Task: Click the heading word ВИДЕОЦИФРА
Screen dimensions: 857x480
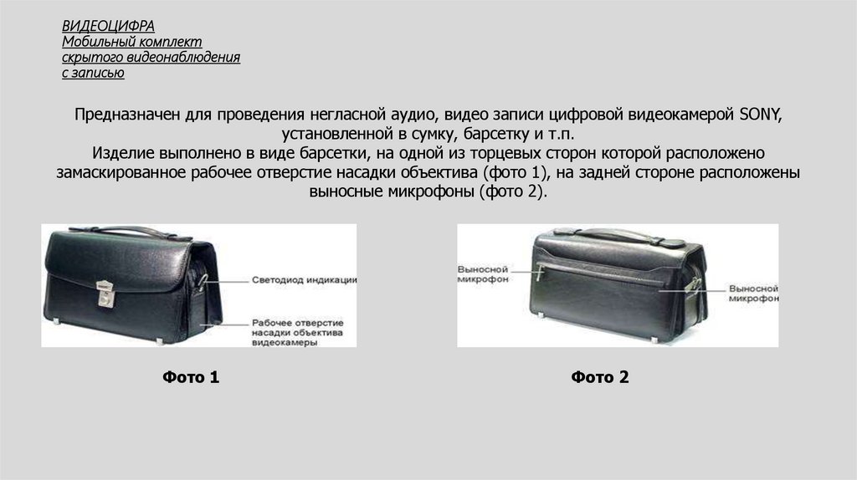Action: click(108, 26)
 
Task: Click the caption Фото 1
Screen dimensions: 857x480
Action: click(191, 377)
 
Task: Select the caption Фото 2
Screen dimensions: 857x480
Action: click(599, 377)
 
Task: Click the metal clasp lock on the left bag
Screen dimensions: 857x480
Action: click(105, 294)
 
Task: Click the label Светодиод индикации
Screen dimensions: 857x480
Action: click(304, 280)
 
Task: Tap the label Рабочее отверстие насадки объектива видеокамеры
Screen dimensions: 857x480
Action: click(297, 333)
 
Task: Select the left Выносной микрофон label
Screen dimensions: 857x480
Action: click(483, 274)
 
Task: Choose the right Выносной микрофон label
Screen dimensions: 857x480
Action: click(753, 294)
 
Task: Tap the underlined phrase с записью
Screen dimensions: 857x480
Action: click(93, 73)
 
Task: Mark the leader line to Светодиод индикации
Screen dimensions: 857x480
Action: click(225, 281)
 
